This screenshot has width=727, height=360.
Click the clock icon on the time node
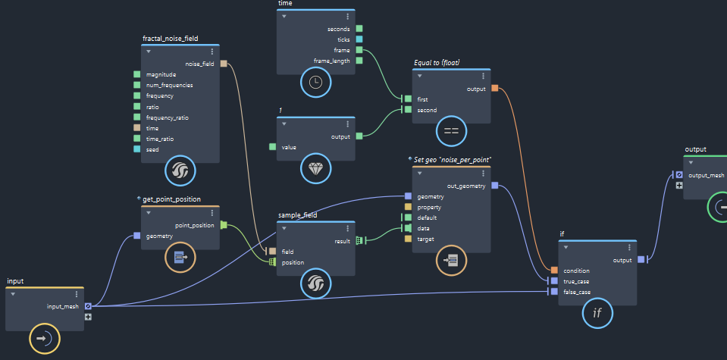(x=316, y=82)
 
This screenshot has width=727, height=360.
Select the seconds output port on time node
(x=359, y=29)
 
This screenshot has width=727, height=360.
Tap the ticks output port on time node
(x=359, y=39)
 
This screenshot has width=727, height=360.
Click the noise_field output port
(x=224, y=64)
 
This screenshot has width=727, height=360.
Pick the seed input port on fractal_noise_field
(x=136, y=149)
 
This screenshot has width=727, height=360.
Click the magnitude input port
(x=136, y=74)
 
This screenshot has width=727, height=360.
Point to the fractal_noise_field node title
(x=170, y=39)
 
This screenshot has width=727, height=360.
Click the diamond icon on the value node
(x=316, y=169)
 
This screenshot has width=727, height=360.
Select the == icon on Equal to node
(x=451, y=131)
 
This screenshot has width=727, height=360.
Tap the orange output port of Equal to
(x=495, y=88)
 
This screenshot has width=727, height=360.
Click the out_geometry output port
(x=495, y=186)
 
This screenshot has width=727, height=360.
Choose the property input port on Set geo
(x=408, y=207)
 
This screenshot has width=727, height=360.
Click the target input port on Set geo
(x=408, y=239)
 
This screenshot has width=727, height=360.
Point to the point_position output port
(x=224, y=225)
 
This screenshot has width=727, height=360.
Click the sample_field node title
(x=298, y=215)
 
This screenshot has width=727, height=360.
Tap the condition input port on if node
(x=554, y=270)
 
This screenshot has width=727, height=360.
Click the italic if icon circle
(x=597, y=313)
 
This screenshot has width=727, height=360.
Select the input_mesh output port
(x=88, y=306)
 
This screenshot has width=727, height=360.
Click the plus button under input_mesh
(x=88, y=317)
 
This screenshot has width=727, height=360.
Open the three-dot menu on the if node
(x=629, y=247)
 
